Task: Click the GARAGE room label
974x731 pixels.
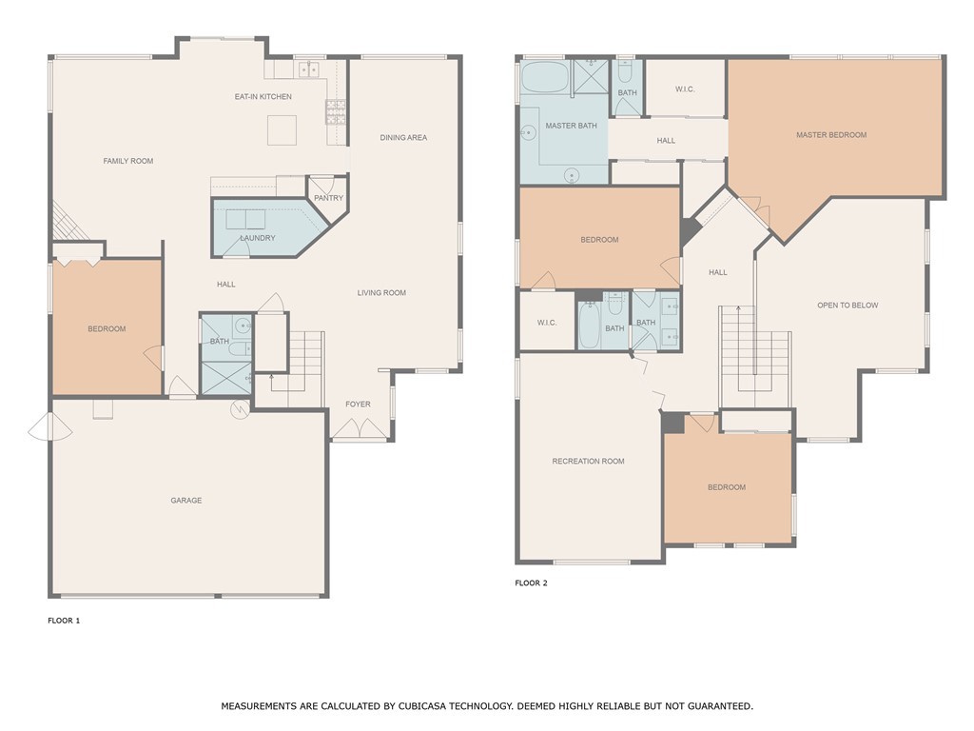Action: pos(186,501)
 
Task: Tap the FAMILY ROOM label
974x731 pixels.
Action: pos(128,162)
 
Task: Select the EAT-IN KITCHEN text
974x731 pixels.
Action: pos(263,97)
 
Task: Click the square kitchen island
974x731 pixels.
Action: pos(282,130)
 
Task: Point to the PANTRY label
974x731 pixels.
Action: pos(328,198)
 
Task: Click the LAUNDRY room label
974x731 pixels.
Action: pos(258,238)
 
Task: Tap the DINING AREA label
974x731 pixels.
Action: pos(403,138)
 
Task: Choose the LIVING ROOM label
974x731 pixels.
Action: pos(381,293)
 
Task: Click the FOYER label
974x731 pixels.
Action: pos(358,405)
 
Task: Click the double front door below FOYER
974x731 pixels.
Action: pos(360,430)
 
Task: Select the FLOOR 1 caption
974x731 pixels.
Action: pos(65,621)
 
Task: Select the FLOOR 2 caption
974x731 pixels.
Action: pos(531,583)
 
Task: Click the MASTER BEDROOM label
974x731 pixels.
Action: pos(831,135)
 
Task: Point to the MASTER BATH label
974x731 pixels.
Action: pos(571,126)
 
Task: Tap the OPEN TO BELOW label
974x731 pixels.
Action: pos(847,306)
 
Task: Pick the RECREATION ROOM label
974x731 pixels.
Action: pos(588,462)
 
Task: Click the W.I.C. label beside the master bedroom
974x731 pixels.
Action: pos(685,89)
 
